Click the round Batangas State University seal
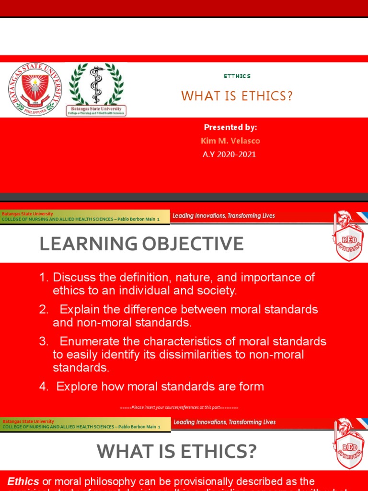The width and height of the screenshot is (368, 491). pyautogui.click(x=35, y=90)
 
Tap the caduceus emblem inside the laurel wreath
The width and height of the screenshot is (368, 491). pyautogui.click(x=96, y=84)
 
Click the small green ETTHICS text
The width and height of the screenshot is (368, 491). pyautogui.click(x=237, y=76)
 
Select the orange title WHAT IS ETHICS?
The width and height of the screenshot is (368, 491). pyautogui.click(x=237, y=96)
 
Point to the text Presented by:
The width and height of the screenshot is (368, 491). pyautogui.click(x=230, y=127)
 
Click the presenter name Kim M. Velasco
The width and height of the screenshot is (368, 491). pyautogui.click(x=230, y=141)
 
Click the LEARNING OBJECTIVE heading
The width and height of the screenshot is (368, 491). pyautogui.click(x=141, y=244)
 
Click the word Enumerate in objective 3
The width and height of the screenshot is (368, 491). pyautogui.click(x=90, y=342)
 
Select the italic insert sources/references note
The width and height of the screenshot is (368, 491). pyautogui.click(x=179, y=408)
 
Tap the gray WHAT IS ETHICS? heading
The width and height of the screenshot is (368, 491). pyautogui.click(x=177, y=451)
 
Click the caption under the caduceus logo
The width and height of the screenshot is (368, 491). pyautogui.click(x=96, y=111)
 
